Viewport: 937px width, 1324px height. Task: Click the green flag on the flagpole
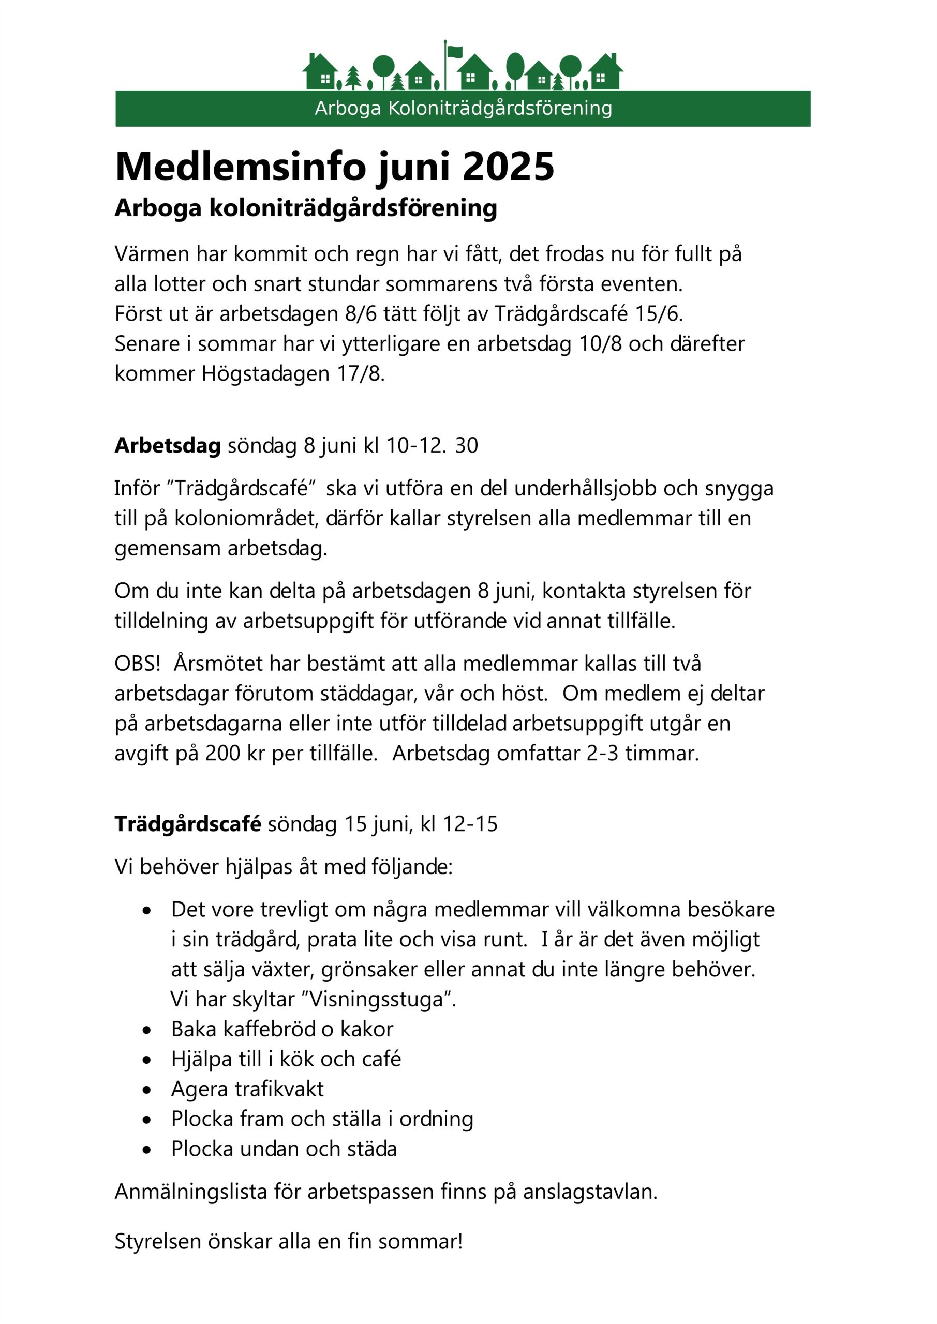pos(455,52)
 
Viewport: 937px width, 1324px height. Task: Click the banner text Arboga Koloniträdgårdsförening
pos(463,109)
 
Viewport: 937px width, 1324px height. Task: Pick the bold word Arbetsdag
pos(167,446)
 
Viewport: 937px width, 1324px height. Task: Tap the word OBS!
pos(137,664)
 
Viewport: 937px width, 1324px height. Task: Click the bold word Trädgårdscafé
pos(187,824)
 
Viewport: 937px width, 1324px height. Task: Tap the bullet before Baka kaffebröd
pos(147,1030)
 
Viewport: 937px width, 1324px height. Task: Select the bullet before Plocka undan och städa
pos(147,1150)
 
